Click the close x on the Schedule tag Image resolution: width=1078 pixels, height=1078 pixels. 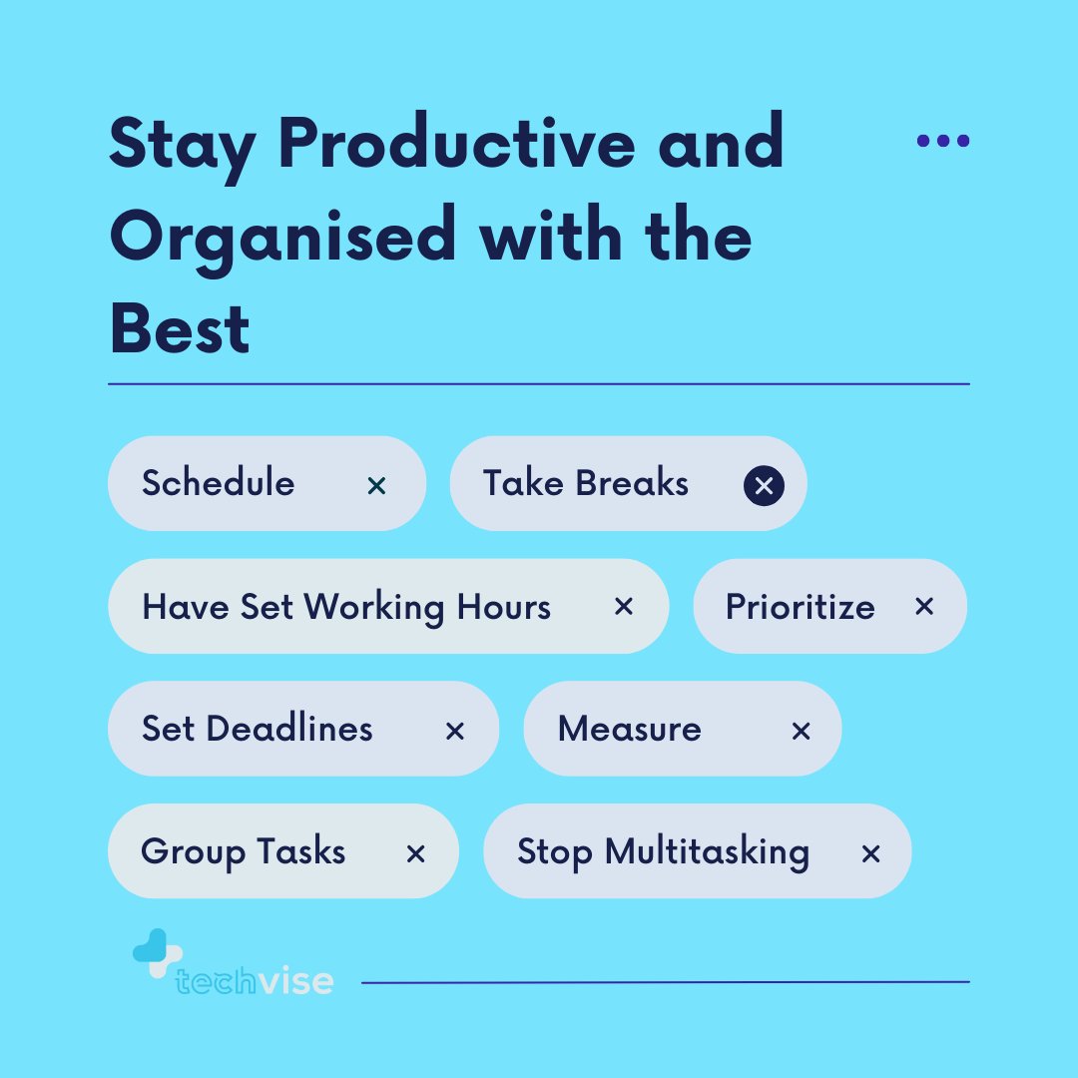(x=376, y=486)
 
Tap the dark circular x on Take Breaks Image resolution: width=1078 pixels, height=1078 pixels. (x=764, y=486)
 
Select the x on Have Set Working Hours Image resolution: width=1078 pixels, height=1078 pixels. (x=624, y=607)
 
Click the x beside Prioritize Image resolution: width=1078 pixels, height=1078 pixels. (x=924, y=607)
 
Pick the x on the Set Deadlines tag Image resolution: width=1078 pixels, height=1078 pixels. (x=455, y=732)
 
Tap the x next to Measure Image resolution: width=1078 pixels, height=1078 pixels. (x=801, y=732)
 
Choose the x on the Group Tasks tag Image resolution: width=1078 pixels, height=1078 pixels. (x=416, y=853)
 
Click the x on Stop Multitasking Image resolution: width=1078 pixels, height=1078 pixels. (x=870, y=853)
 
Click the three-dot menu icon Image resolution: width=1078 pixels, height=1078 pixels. (x=943, y=141)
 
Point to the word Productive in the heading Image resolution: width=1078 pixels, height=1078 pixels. (x=462, y=143)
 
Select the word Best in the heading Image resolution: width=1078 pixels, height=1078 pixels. (x=180, y=330)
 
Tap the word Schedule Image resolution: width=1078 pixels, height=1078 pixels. (x=219, y=483)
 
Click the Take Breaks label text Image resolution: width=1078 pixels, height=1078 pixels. (x=586, y=483)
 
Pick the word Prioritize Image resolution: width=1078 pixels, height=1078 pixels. (x=801, y=608)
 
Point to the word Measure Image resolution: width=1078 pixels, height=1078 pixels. (x=630, y=729)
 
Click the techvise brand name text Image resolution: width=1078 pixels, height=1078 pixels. (x=255, y=981)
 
